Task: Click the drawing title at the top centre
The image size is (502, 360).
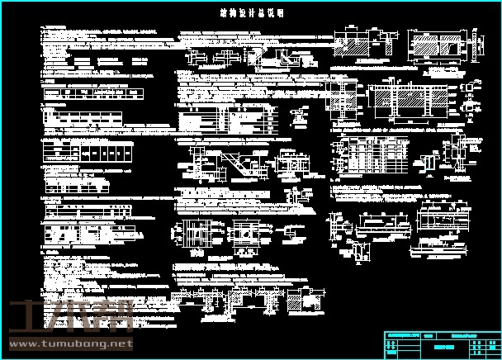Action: coord(252,14)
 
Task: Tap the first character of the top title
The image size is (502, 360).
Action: coord(224,14)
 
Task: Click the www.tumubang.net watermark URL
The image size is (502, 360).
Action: coord(70,343)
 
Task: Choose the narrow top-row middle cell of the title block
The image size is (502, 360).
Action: coord(428,334)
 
